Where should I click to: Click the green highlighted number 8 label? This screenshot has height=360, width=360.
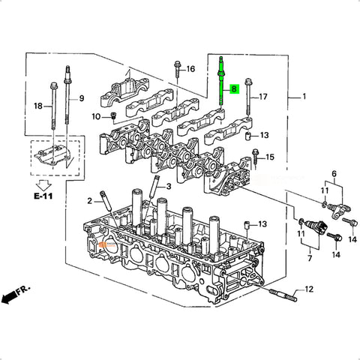pos(234,88)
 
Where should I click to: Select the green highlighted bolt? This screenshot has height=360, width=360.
pos(221,82)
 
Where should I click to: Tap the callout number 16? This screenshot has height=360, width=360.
pos(190,69)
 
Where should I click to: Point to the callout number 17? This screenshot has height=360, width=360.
pos(263,97)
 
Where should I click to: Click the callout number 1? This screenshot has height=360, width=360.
pos(304,96)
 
